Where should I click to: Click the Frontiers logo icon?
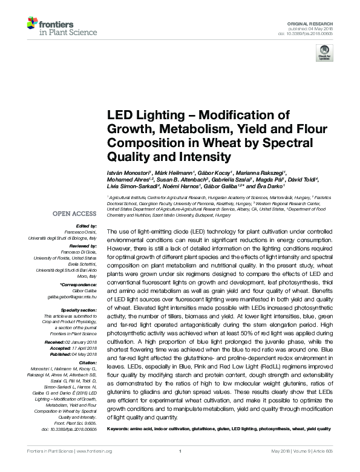click(33, 24)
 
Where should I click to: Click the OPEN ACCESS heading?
click(74, 214)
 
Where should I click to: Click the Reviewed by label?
click(82, 247)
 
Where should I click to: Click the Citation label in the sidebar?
click(85, 362)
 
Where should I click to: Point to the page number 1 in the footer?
click(180, 467)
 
